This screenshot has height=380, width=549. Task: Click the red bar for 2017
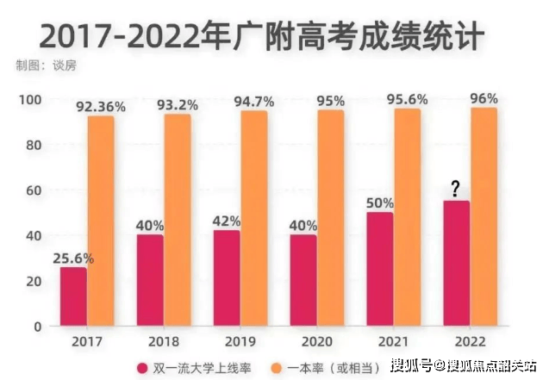73,296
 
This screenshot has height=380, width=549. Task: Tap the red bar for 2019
226,278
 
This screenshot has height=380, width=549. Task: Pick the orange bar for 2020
330,218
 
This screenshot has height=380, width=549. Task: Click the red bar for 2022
456,264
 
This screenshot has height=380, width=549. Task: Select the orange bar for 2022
483,217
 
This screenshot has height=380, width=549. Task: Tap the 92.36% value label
101,107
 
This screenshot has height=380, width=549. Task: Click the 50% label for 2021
379,202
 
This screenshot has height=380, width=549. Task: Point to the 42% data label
226,221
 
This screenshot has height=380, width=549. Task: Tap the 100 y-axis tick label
28,100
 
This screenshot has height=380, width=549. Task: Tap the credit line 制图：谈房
41,65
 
